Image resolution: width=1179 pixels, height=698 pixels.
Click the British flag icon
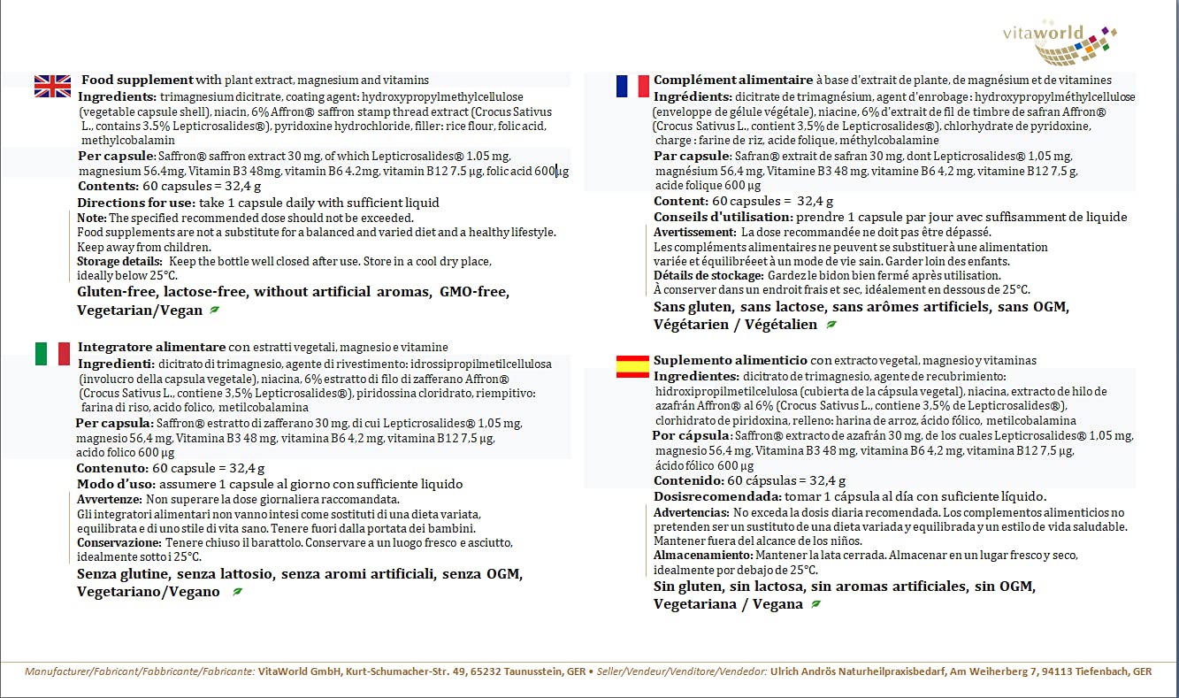pos(52,86)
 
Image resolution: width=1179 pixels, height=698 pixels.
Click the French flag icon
pos(632,86)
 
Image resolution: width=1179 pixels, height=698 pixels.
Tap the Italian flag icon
pos(52,354)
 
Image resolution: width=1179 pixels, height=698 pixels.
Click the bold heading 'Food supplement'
pos(137,80)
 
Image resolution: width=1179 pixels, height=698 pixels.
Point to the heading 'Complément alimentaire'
pos(733,80)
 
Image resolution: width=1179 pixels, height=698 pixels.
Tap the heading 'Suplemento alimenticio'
pos(730,360)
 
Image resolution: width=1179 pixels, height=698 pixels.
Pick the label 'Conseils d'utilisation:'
pos(723,217)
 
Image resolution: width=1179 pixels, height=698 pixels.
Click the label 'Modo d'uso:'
pos(116,484)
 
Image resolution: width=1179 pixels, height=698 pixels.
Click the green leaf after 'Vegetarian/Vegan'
pos(213,311)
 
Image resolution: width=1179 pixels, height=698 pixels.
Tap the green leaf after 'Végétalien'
pos(831,325)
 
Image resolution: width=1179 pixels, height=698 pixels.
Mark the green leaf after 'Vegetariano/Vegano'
pos(237,592)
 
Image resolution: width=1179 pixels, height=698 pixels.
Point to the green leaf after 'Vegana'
pos(815,604)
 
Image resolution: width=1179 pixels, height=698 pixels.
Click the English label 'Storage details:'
pos(119,262)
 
